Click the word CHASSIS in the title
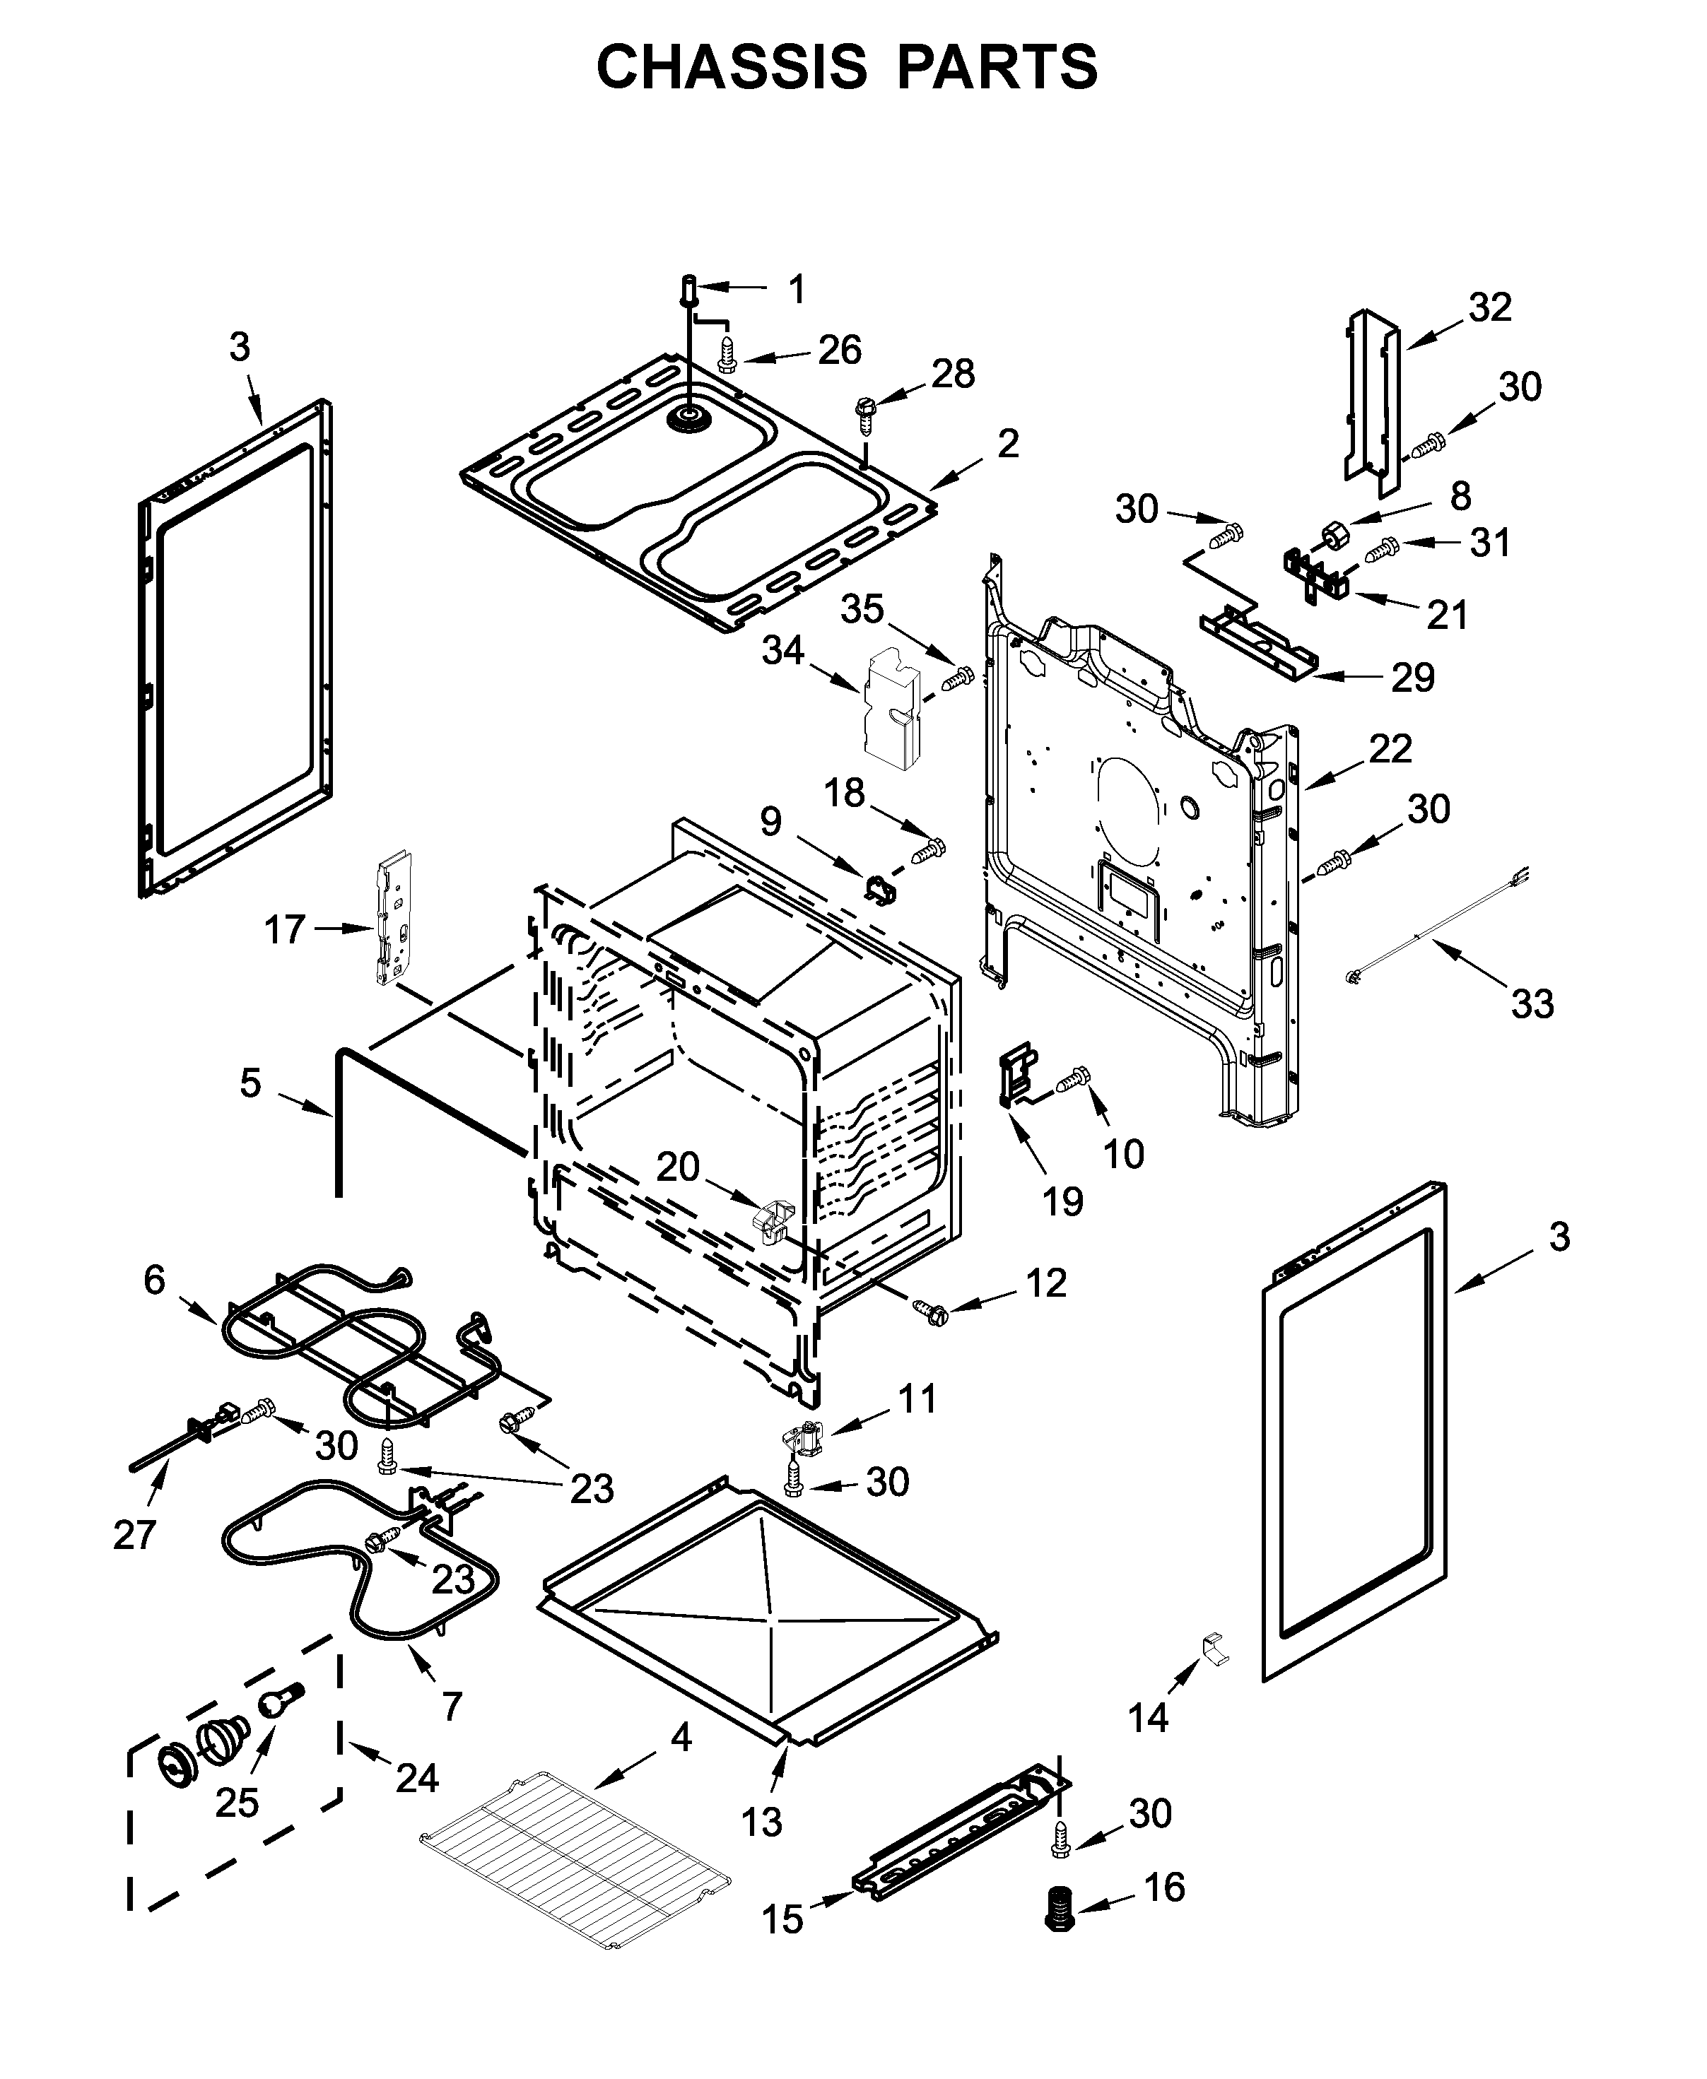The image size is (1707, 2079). [732, 67]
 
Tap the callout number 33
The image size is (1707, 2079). [1532, 1003]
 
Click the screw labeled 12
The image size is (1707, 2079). [929, 1310]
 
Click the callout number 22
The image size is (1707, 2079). [1390, 748]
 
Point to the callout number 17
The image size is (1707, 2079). [285, 929]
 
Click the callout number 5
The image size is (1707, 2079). [251, 1083]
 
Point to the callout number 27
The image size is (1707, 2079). [135, 1533]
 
